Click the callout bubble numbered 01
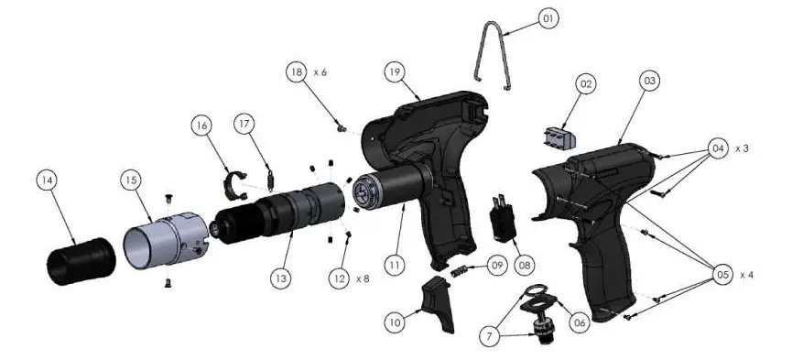[x=548, y=17]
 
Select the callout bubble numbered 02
[x=586, y=84]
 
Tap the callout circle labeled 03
[x=649, y=82]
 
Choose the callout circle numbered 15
[x=131, y=180]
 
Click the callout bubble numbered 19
[x=394, y=70]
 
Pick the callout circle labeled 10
[x=394, y=322]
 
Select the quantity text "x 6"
[x=321, y=71]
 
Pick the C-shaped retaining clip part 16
[x=237, y=182]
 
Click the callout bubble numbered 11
[x=395, y=265]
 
